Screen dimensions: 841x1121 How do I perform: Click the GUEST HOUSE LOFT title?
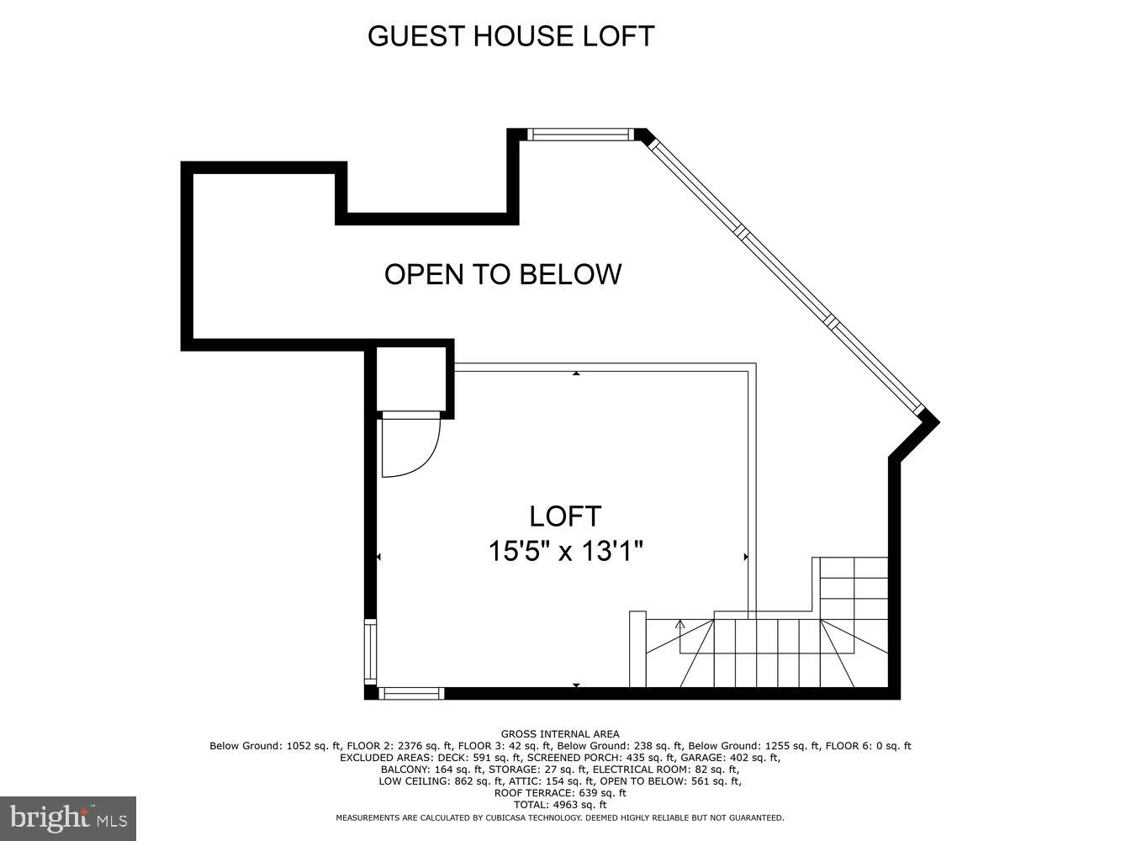coord(510,36)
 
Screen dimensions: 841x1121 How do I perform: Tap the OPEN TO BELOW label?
coord(503,274)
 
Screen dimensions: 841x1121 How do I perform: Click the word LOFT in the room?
coord(565,516)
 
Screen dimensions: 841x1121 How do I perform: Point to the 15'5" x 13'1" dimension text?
coord(566,552)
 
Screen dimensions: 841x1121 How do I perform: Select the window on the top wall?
coord(579,134)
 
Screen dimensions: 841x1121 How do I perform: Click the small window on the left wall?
coord(370,651)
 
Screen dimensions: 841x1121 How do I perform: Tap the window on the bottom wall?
coord(411,693)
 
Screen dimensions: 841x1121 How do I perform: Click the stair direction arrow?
coord(680,624)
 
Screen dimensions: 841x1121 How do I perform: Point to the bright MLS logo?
coord(67,817)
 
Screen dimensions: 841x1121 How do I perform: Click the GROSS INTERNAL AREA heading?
coord(560,734)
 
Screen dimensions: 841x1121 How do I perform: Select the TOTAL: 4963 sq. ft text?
coord(560,805)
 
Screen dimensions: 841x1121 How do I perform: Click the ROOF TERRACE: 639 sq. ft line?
coord(560,793)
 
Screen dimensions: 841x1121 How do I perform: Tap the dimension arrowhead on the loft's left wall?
coord(379,557)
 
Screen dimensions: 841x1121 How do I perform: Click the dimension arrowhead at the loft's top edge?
coord(576,373)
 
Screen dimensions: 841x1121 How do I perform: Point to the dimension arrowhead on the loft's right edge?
coord(746,557)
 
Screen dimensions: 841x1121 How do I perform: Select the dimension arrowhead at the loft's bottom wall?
coord(576,686)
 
